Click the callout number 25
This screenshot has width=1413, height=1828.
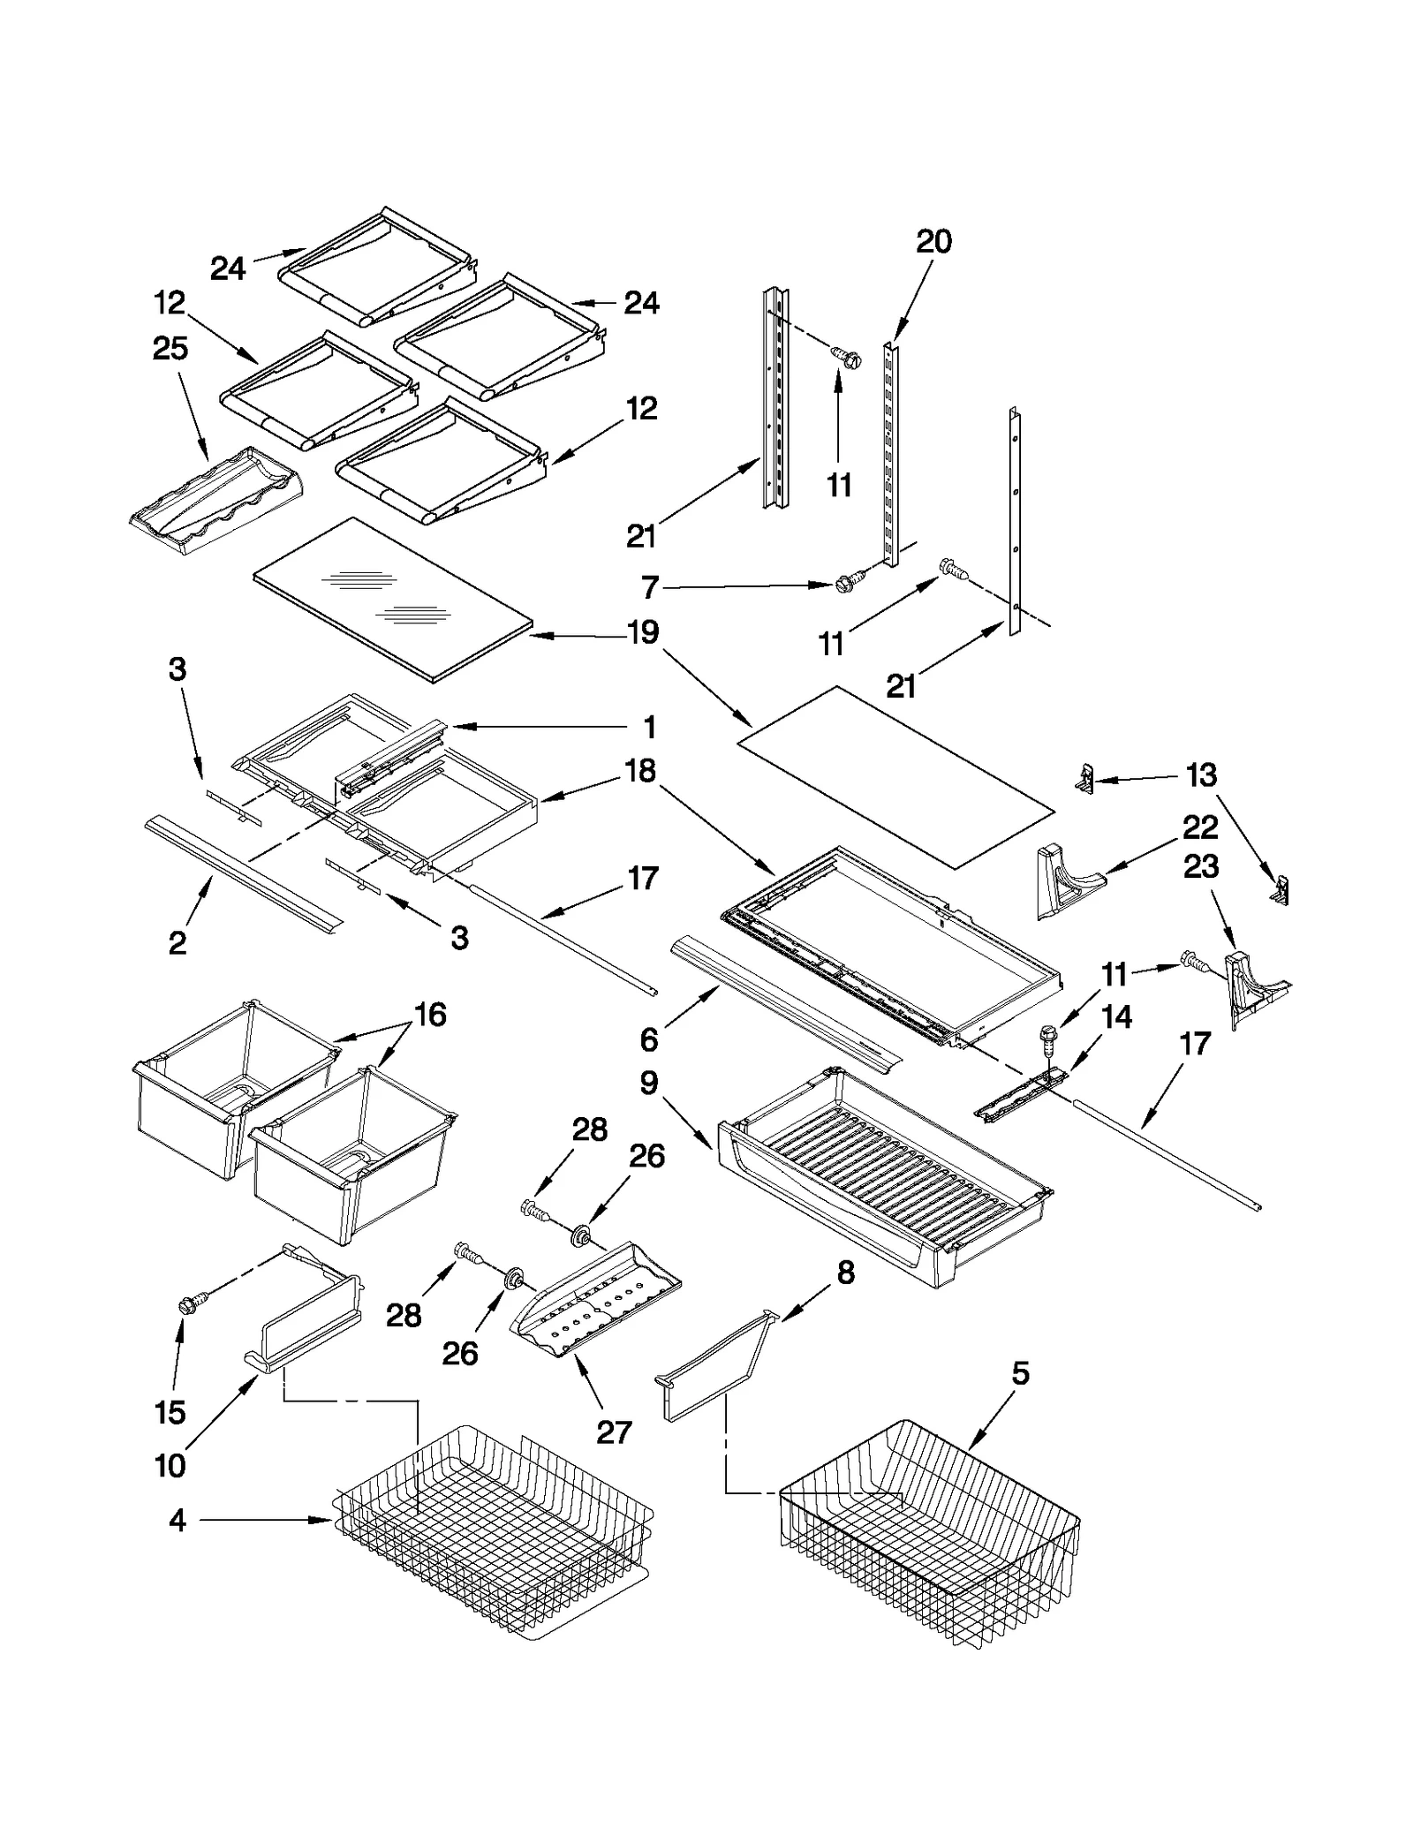click(170, 349)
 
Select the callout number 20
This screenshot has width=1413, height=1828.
click(933, 241)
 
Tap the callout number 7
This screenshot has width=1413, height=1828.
click(650, 587)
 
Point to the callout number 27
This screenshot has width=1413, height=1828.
click(613, 1431)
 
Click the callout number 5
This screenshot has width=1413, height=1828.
click(1020, 1372)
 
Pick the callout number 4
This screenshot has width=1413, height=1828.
click(177, 1520)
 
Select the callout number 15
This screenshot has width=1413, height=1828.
click(170, 1412)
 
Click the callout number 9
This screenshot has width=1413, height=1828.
click(649, 1083)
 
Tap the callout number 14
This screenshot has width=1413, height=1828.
click(1116, 1017)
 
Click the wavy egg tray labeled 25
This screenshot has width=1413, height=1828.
click(216, 502)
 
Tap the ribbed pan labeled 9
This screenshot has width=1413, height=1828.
click(883, 1175)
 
